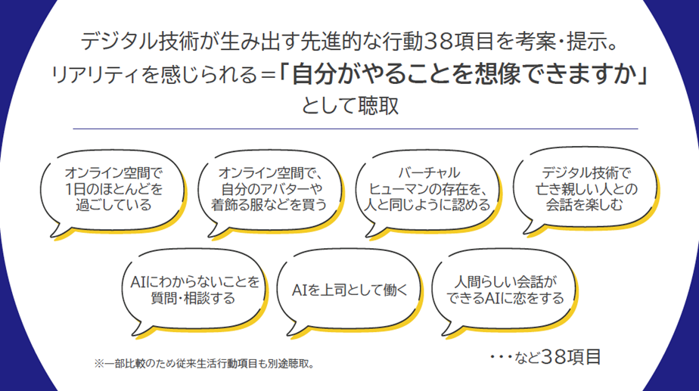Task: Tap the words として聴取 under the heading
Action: point(350,106)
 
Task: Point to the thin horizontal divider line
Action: point(356,129)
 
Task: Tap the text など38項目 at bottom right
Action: point(558,357)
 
